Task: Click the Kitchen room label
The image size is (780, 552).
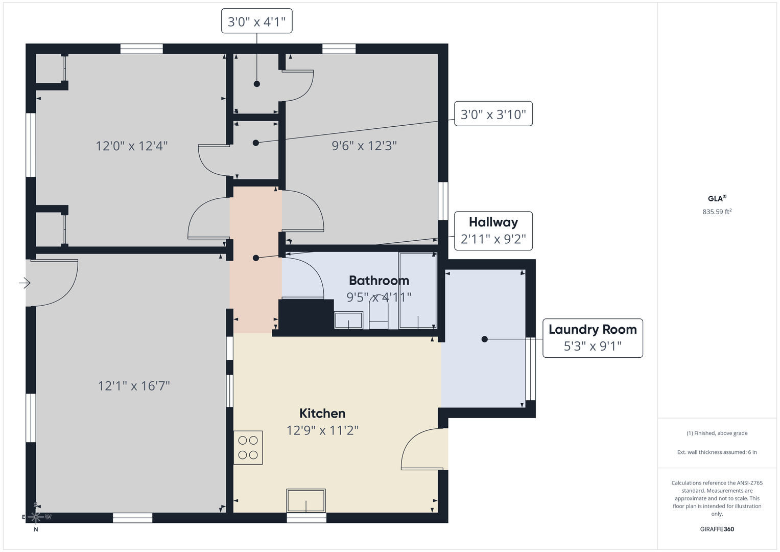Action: click(x=322, y=413)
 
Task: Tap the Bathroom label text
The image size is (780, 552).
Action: click(x=379, y=281)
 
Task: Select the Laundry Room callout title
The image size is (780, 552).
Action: click(x=593, y=329)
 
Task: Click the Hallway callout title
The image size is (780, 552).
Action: click(x=493, y=222)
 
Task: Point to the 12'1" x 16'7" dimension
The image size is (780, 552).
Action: click(x=134, y=386)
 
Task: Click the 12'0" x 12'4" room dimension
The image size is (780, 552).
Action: click(x=132, y=146)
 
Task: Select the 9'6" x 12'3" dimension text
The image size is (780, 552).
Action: click(x=364, y=146)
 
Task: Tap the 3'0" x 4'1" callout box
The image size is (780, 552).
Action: click(x=256, y=21)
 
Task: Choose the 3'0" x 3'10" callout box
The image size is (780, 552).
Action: click(x=493, y=113)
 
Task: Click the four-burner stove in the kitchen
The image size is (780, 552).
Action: click(x=248, y=447)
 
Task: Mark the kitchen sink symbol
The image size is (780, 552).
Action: click(x=306, y=500)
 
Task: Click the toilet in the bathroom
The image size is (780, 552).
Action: click(x=379, y=315)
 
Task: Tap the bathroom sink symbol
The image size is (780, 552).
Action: click(x=348, y=320)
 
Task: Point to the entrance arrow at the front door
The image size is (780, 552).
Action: click(x=25, y=283)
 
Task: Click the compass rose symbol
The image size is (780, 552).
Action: click(x=36, y=517)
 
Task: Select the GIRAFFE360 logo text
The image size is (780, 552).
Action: click(x=717, y=529)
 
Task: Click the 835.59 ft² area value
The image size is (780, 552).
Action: click(x=717, y=212)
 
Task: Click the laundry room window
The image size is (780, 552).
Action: click(x=530, y=369)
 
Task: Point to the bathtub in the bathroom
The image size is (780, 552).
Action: click(x=418, y=291)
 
